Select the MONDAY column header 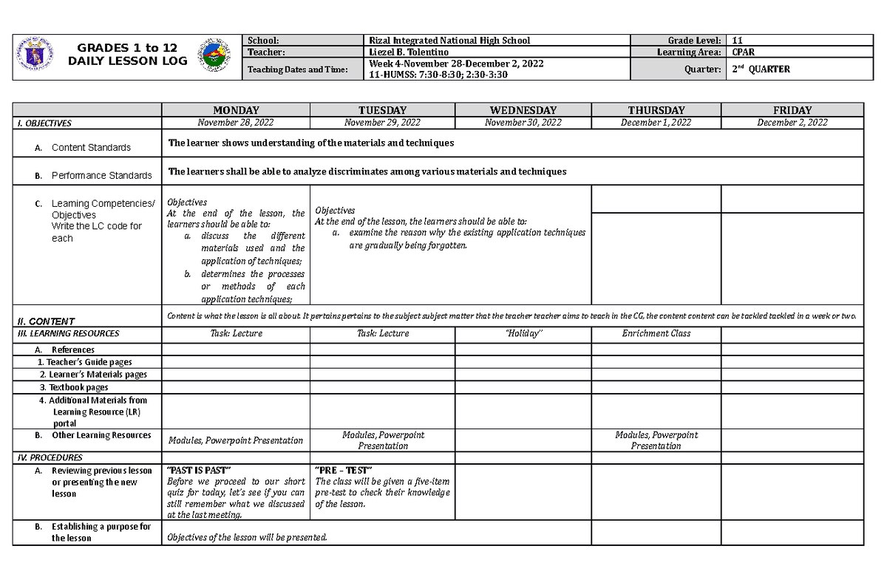point(236,110)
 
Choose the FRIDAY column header point(792,110)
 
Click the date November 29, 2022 point(382,123)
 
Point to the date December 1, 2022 point(656,123)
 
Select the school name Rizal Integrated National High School point(449,41)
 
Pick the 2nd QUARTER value point(761,69)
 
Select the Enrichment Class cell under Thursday point(656,333)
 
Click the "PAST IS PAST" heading point(200,471)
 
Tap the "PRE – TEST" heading point(343,471)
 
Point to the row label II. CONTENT point(45,321)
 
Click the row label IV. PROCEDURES point(50,457)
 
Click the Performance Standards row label point(101,176)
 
